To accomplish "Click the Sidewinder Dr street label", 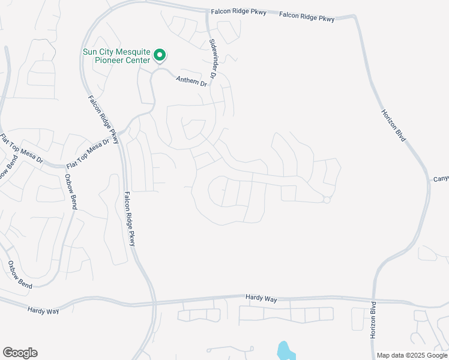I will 214,57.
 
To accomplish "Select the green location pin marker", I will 160,56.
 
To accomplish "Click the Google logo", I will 20,353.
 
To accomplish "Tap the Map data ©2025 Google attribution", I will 412,355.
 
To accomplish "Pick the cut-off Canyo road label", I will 441,179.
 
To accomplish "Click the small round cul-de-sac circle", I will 327,200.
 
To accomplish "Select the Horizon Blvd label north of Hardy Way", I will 394,125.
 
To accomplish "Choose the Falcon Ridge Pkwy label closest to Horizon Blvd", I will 307,17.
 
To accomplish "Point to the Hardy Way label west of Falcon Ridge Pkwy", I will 44,309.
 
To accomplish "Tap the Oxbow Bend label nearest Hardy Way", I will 20,273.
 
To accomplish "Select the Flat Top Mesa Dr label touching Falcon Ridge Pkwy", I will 89,152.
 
